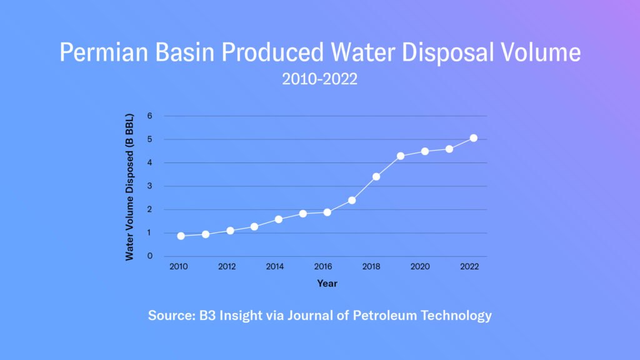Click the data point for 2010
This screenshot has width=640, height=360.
point(181,236)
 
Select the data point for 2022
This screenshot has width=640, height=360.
point(473,138)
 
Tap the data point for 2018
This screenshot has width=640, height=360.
point(376,177)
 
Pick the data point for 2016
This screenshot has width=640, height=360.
point(327,212)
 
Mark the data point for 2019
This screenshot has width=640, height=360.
point(401,156)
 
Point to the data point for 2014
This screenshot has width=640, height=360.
point(279,219)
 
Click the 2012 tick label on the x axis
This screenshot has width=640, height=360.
point(226,266)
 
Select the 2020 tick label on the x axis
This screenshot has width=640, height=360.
point(420,266)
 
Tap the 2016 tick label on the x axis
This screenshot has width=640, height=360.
point(323,266)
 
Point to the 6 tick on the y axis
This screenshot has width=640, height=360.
point(150,116)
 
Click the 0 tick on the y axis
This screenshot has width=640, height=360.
point(150,256)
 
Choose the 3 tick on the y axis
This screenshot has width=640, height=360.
point(150,186)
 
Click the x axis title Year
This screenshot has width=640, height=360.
point(327,284)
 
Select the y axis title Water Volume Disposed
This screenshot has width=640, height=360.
point(130,186)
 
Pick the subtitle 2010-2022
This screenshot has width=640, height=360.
point(319,80)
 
